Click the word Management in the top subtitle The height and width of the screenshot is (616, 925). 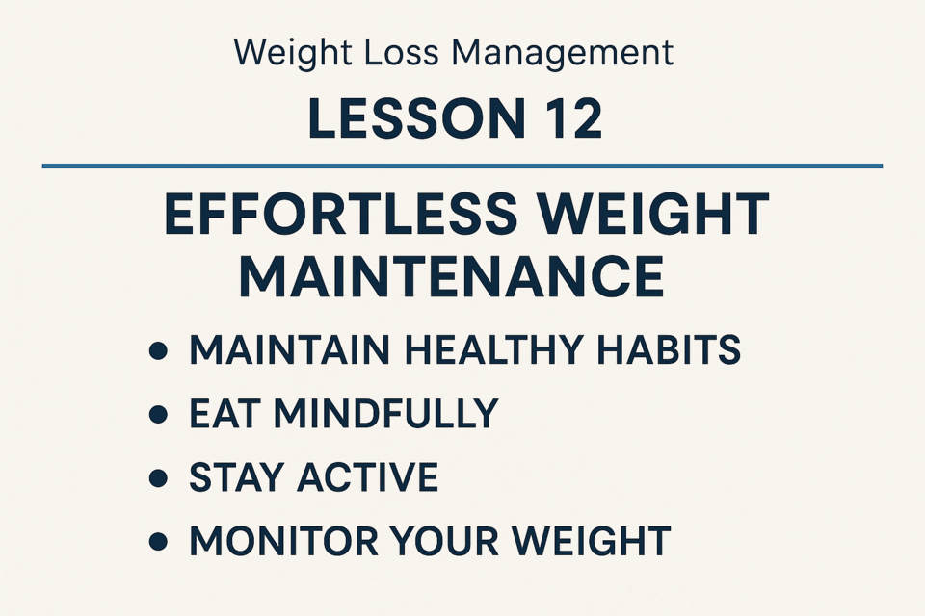(562, 54)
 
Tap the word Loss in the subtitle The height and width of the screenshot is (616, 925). (401, 52)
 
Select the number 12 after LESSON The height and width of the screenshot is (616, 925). (571, 118)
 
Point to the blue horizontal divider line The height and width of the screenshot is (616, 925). (462, 167)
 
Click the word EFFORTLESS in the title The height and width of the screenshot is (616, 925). (340, 214)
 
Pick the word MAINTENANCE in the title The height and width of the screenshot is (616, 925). (452, 277)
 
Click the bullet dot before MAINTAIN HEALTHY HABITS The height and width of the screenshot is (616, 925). (158, 350)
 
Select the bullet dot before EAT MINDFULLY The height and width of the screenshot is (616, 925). (158, 415)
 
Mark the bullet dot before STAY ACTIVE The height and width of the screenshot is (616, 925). (158, 477)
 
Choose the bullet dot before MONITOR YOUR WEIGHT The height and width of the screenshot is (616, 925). (158, 541)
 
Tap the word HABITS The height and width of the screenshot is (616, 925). (669, 350)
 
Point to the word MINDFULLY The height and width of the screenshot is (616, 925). (386, 413)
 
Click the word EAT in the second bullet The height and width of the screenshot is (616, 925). (225, 413)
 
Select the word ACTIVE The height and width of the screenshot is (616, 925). (367, 476)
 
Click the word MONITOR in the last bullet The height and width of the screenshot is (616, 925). (283, 541)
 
